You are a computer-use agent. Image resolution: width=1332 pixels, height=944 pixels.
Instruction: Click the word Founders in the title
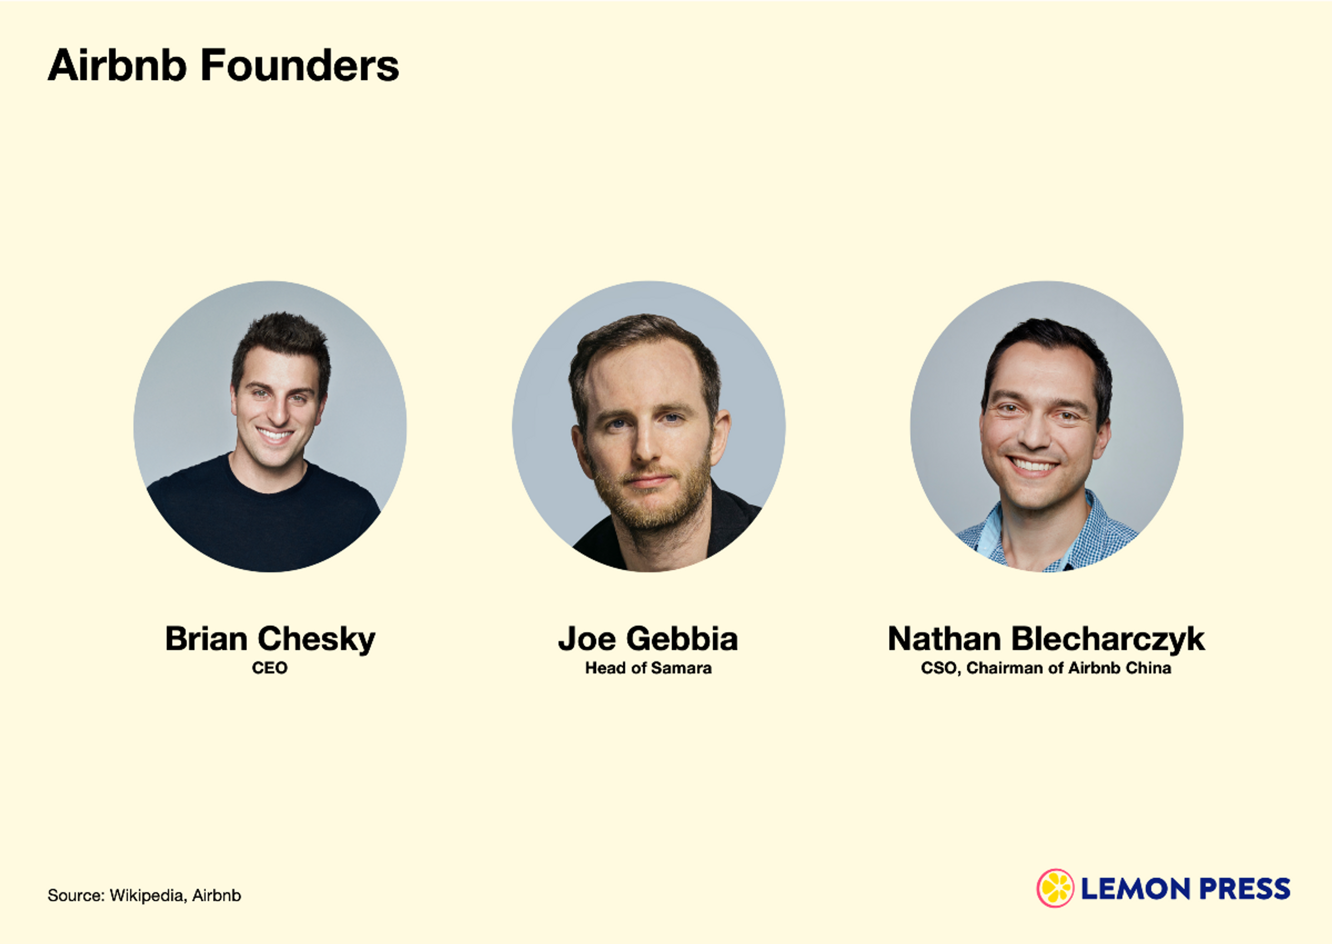click(x=300, y=65)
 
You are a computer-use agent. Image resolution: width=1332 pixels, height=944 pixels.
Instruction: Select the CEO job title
click(x=270, y=668)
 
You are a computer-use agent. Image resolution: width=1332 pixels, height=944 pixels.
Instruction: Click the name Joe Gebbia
click(x=648, y=639)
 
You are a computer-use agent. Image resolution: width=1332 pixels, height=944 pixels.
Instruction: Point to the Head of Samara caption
click(x=648, y=668)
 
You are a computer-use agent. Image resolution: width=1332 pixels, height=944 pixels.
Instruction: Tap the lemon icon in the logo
click(x=1056, y=888)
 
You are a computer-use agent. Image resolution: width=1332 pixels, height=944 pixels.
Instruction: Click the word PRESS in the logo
click(x=1245, y=889)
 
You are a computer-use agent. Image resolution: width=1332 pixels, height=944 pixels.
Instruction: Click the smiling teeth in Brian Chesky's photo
click(x=275, y=434)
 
